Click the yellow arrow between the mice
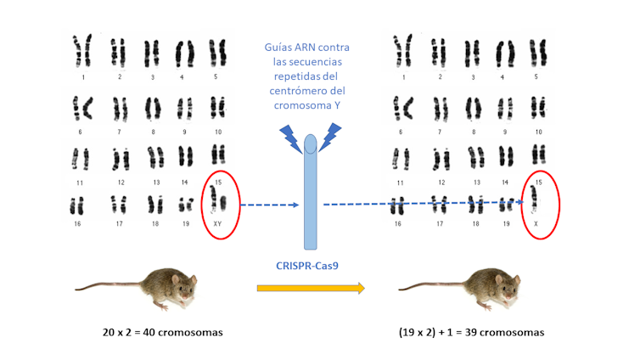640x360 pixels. coord(311,289)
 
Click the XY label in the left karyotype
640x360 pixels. coord(217,223)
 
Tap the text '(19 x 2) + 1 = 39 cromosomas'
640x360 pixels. coord(471,332)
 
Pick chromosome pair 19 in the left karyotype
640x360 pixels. coord(184,205)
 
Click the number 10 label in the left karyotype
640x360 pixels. coord(218,132)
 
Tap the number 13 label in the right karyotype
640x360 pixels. coord(477,182)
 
